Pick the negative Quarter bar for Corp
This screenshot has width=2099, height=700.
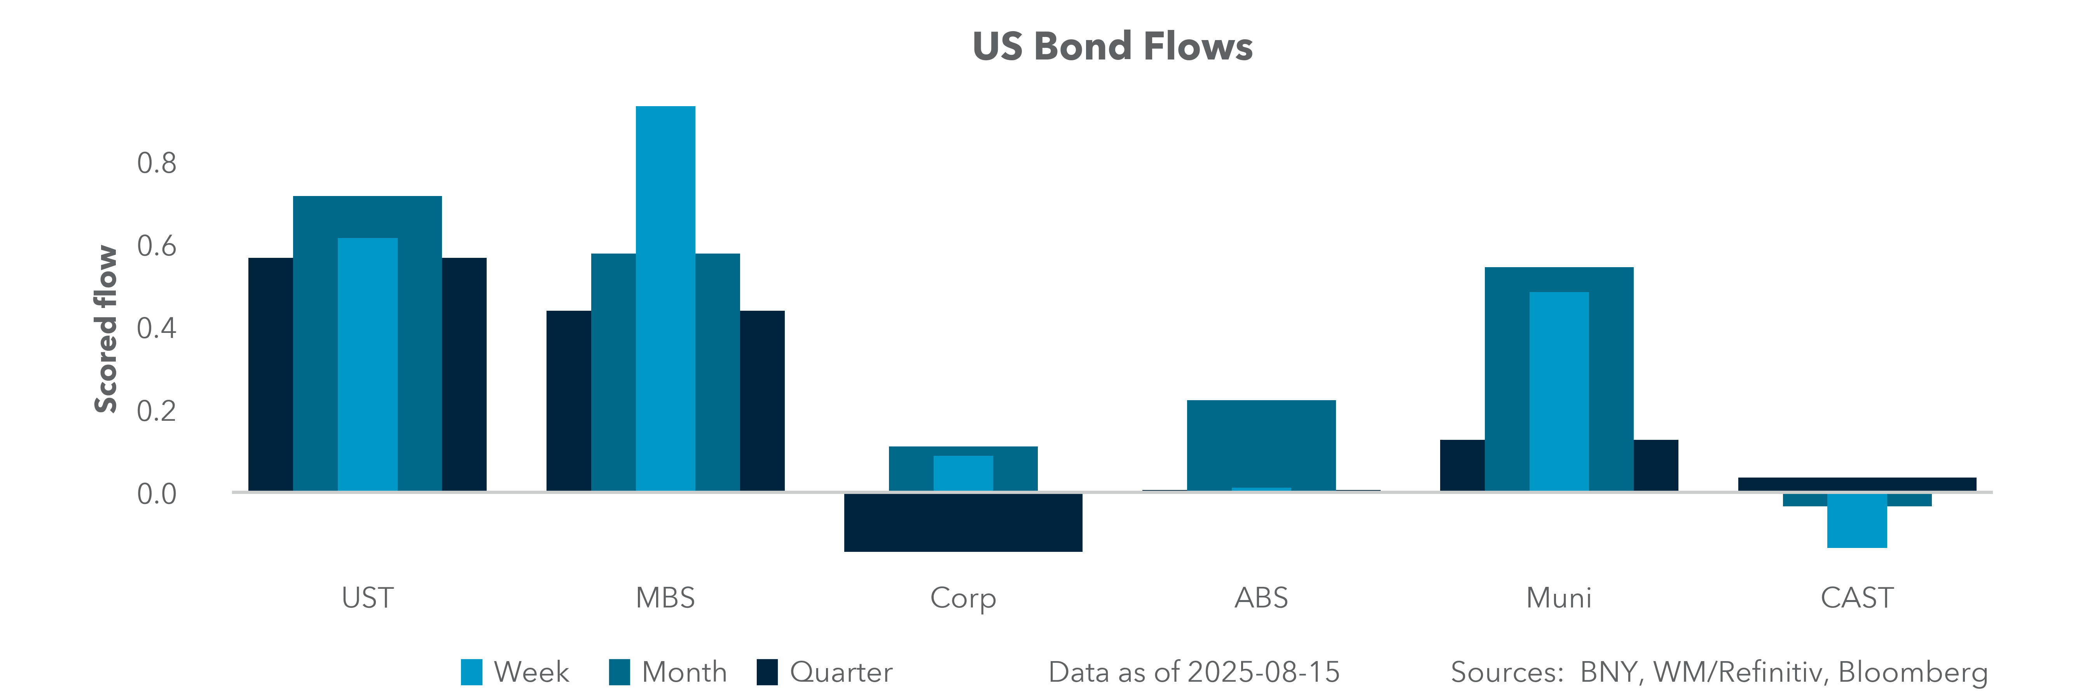point(963,522)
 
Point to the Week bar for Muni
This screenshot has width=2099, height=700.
point(1559,391)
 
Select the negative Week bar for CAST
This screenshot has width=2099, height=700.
point(1857,521)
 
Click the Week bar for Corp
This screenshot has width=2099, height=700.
point(963,472)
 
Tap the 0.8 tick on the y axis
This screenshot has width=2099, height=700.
point(156,163)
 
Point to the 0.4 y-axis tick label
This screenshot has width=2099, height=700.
point(156,328)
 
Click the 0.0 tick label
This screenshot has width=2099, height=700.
point(156,494)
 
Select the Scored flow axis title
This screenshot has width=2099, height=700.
point(106,329)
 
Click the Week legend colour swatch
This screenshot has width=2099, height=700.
point(471,672)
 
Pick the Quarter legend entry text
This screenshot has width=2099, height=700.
point(841,672)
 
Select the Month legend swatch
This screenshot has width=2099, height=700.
point(619,672)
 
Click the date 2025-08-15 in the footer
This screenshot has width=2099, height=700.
point(1263,672)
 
